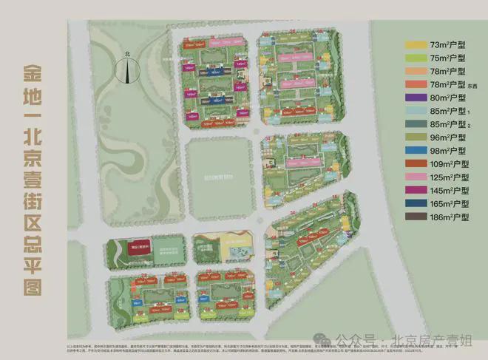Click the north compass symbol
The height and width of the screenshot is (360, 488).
pyautogui.click(x=128, y=70)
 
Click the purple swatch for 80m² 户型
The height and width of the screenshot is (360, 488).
pyautogui.click(x=415, y=99)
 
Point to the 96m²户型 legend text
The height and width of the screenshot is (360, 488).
pyautogui.click(x=450, y=138)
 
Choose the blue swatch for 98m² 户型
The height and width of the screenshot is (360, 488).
pyautogui.click(x=415, y=152)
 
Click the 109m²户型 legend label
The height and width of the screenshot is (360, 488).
pyautogui.click(x=452, y=165)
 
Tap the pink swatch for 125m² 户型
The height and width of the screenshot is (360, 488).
pyautogui.click(x=415, y=178)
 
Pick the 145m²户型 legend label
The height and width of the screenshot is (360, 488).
pyautogui.click(x=452, y=191)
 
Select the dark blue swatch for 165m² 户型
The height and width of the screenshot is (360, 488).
pyautogui.click(x=415, y=204)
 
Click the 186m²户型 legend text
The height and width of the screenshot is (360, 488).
pyautogui.click(x=452, y=217)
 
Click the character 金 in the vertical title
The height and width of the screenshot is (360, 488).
pyautogui.click(x=31, y=75)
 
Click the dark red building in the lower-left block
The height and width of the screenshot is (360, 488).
pyautogui.click(x=135, y=248)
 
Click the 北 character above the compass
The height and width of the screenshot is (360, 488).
pyautogui.click(x=127, y=53)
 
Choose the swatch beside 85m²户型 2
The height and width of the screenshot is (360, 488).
pyautogui.click(x=415, y=125)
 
